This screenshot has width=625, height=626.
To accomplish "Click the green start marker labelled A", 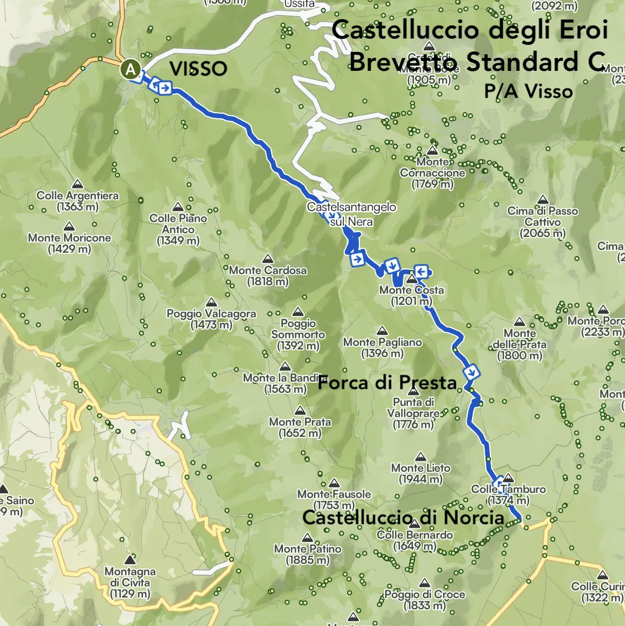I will point(130,70).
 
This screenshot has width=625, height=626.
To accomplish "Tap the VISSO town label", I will point(198,69).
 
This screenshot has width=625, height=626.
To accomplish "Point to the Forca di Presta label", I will point(387,383).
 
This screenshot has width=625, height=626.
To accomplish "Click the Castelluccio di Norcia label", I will point(403,518).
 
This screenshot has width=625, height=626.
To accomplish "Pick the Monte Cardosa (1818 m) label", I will point(268,276).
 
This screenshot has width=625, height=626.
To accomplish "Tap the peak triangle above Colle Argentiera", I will point(78,184).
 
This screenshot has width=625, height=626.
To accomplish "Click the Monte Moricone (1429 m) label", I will point(70,243).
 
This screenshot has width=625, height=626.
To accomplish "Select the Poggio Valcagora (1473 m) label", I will point(211,319).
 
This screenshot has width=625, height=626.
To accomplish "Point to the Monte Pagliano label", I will point(382,348).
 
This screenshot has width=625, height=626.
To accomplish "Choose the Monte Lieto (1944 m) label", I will point(421,473).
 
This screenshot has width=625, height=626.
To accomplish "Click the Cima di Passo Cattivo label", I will point(543,222).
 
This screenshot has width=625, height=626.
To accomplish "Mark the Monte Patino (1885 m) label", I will point(307,554).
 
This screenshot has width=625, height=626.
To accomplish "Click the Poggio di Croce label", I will point(425,600).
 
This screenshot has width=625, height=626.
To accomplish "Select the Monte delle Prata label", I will point(520,344).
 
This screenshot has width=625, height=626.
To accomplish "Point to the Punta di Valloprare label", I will point(414,413).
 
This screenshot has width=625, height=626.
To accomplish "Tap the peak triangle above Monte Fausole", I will point(334,483).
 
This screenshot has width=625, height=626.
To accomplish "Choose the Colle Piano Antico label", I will point(178,229).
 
